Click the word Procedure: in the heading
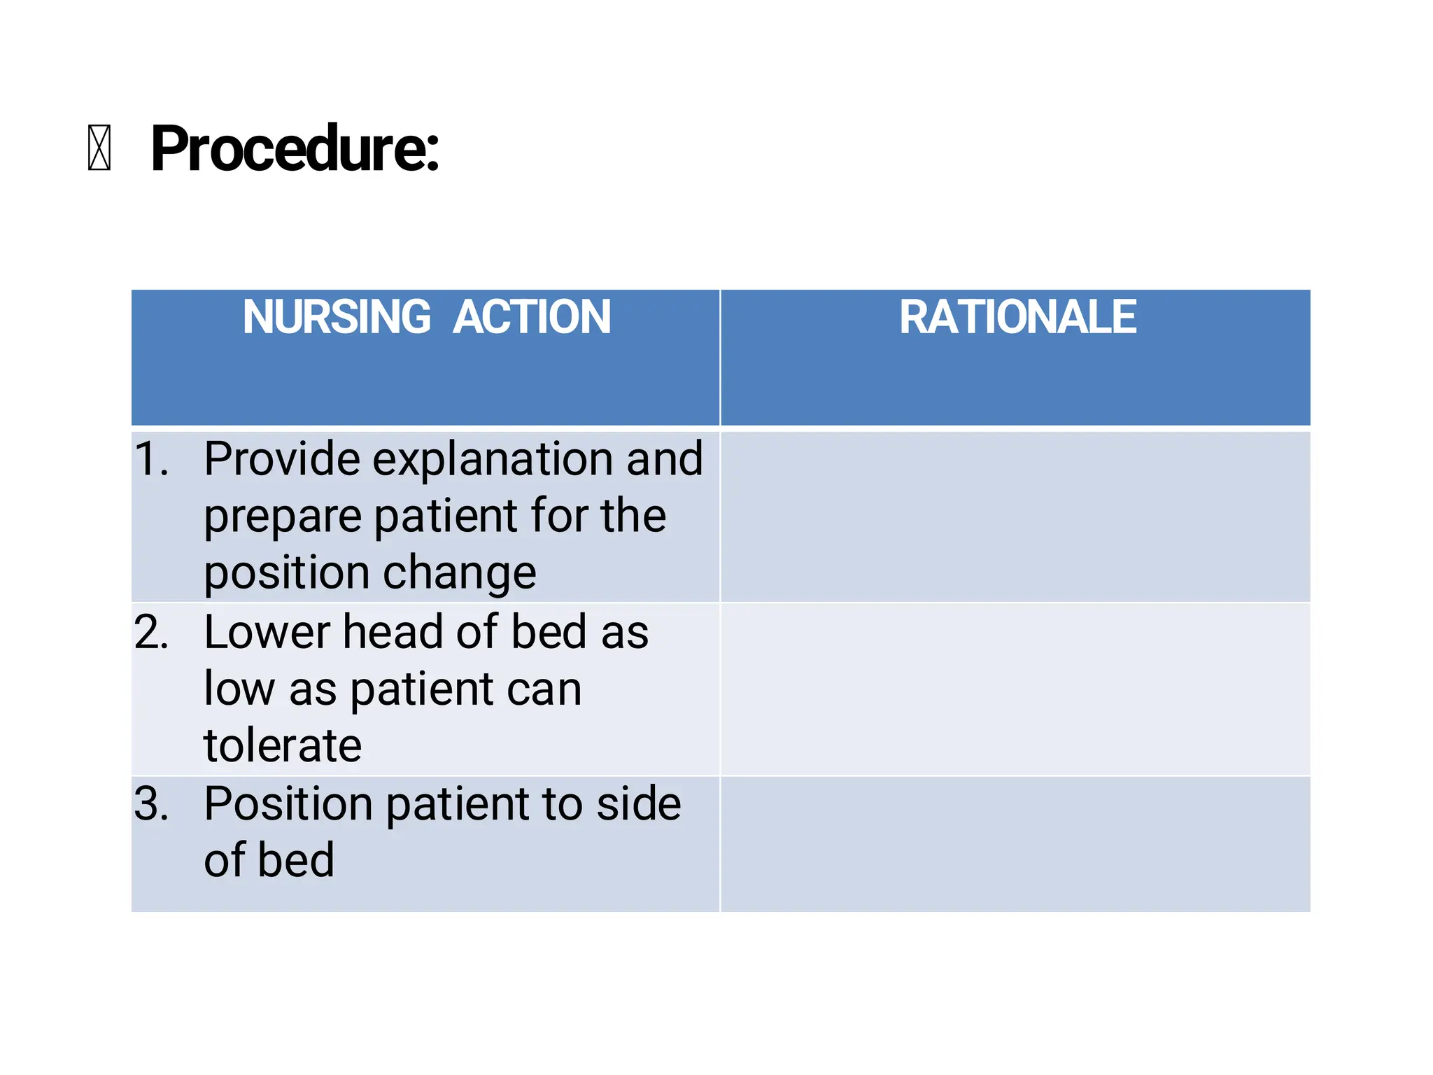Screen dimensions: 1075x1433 (295, 148)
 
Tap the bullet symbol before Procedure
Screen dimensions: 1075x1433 (99, 148)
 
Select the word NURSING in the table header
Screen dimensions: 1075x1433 (337, 317)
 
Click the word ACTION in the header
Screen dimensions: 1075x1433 (532, 317)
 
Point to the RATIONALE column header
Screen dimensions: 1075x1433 (1017, 317)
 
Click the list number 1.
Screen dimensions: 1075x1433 (151, 460)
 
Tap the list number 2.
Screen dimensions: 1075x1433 (151, 632)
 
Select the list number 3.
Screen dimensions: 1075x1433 (151, 803)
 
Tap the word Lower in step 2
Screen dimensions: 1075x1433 (267, 632)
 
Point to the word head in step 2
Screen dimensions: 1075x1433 (393, 632)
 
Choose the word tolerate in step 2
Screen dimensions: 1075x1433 (283, 745)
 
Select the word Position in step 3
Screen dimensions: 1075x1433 (288, 803)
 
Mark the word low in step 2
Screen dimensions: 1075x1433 (239, 689)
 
